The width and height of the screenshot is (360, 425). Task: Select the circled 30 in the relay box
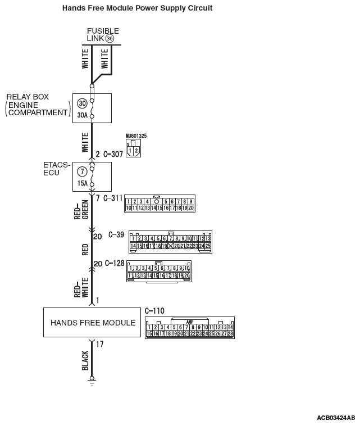point(82,103)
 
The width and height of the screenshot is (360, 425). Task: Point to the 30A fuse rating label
point(82,116)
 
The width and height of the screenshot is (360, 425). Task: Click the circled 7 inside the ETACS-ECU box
point(82,170)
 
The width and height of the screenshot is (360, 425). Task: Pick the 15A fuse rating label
point(82,183)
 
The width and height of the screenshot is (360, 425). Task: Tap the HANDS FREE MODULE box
point(92,323)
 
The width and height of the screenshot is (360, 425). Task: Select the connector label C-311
point(112,197)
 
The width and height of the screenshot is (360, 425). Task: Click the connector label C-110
point(154,310)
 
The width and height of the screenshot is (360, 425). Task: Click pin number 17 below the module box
point(99,344)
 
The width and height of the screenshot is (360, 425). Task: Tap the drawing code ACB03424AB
point(335,418)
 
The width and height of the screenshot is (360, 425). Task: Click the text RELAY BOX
point(28,97)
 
